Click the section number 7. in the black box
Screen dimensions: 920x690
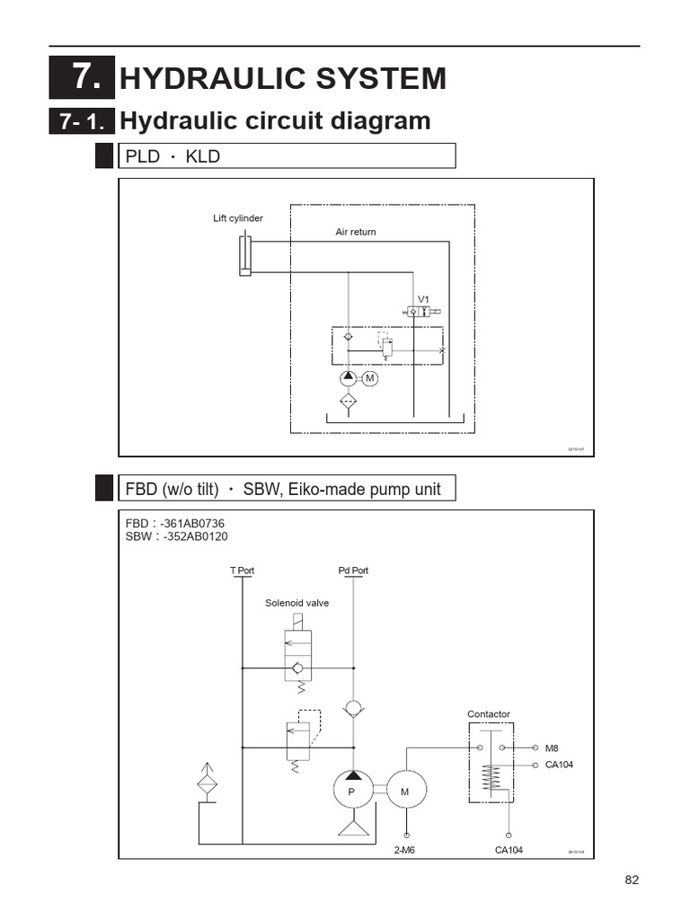tap(82, 78)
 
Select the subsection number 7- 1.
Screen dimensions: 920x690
tap(82, 121)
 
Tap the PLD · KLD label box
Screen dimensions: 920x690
tap(287, 156)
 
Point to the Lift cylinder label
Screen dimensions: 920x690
tap(238, 218)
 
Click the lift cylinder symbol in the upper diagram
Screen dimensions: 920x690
tap(245, 254)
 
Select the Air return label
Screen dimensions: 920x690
tap(356, 232)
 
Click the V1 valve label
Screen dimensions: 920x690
tap(423, 299)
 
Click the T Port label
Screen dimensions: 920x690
tap(243, 571)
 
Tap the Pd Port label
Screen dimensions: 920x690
tap(353, 571)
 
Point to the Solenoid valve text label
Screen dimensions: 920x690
tap(296, 603)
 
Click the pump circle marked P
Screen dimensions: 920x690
tap(352, 791)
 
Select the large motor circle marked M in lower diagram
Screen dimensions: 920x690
tap(404, 791)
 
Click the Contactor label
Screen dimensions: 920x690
tap(488, 714)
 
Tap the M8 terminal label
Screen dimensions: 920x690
tap(552, 747)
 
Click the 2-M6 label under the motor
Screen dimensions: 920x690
tap(404, 850)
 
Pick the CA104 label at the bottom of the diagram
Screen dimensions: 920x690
tap(509, 850)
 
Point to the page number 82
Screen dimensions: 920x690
tap(631, 880)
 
